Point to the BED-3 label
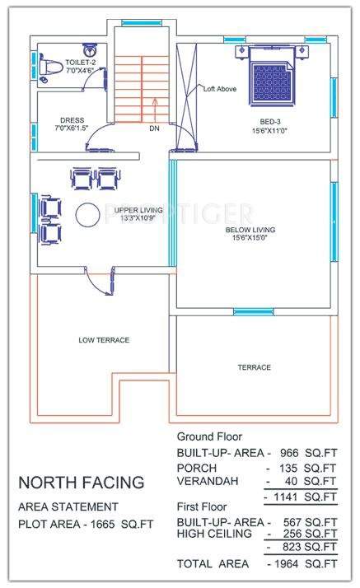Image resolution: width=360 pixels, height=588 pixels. pyautogui.click(x=271, y=124)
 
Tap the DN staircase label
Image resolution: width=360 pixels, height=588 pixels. pyautogui.click(x=154, y=129)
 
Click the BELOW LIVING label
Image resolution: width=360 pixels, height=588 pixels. pyautogui.click(x=250, y=234)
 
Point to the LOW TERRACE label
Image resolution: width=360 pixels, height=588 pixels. pyautogui.click(x=104, y=339)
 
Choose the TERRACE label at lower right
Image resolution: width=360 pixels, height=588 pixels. pyautogui.click(x=254, y=367)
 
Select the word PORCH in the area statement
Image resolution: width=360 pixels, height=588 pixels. pyautogui.click(x=197, y=467)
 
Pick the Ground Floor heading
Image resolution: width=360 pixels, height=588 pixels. pyautogui.click(x=210, y=437)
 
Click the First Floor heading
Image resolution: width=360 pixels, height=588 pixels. pyautogui.click(x=203, y=509)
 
